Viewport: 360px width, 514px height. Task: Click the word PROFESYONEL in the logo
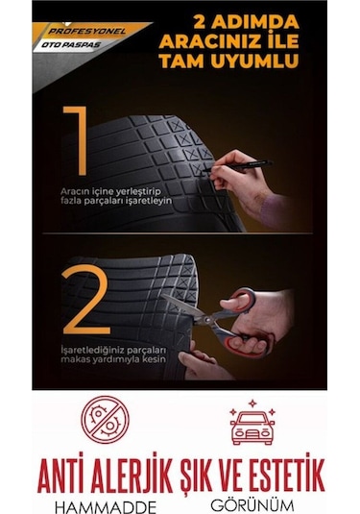86,32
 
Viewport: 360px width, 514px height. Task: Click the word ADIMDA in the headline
254,22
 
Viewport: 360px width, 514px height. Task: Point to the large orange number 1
76,141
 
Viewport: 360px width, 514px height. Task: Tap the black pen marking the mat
237,166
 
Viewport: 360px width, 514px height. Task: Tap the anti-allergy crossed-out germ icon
106,420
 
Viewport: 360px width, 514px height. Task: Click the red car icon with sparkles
252,423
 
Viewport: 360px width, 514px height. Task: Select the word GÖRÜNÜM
252,505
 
